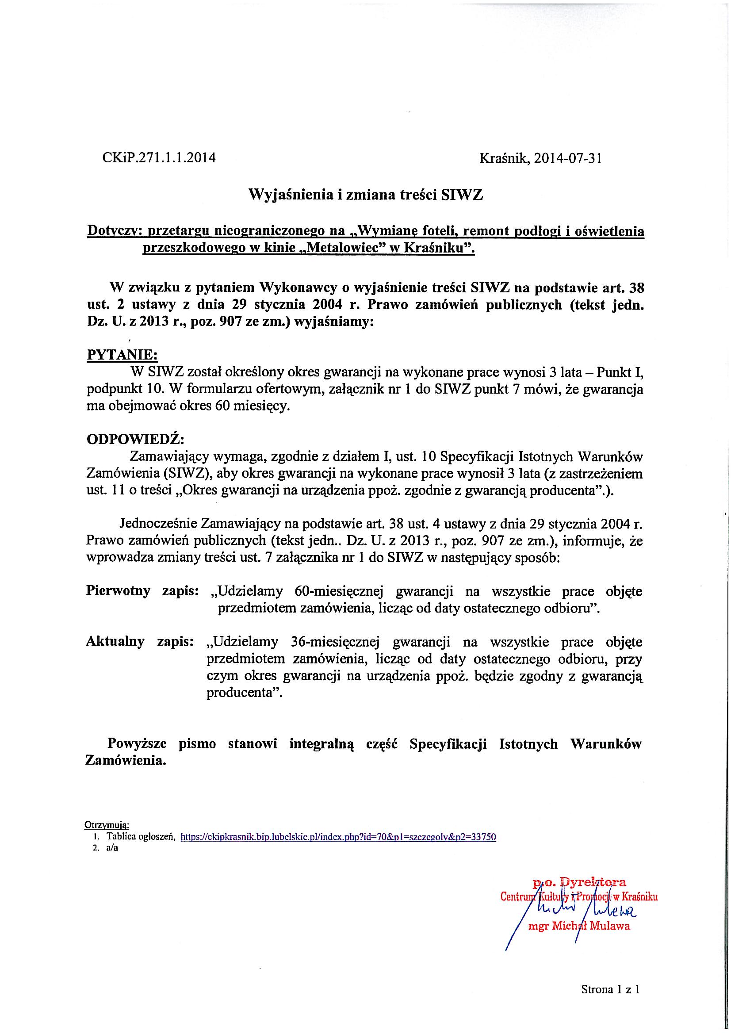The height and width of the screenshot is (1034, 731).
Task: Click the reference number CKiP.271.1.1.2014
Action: [x=159, y=158]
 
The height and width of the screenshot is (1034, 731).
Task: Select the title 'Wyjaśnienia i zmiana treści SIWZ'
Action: [x=366, y=195]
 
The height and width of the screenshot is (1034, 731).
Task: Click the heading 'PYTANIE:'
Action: [x=122, y=354]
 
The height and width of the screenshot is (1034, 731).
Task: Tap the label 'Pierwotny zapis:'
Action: [x=142, y=591]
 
